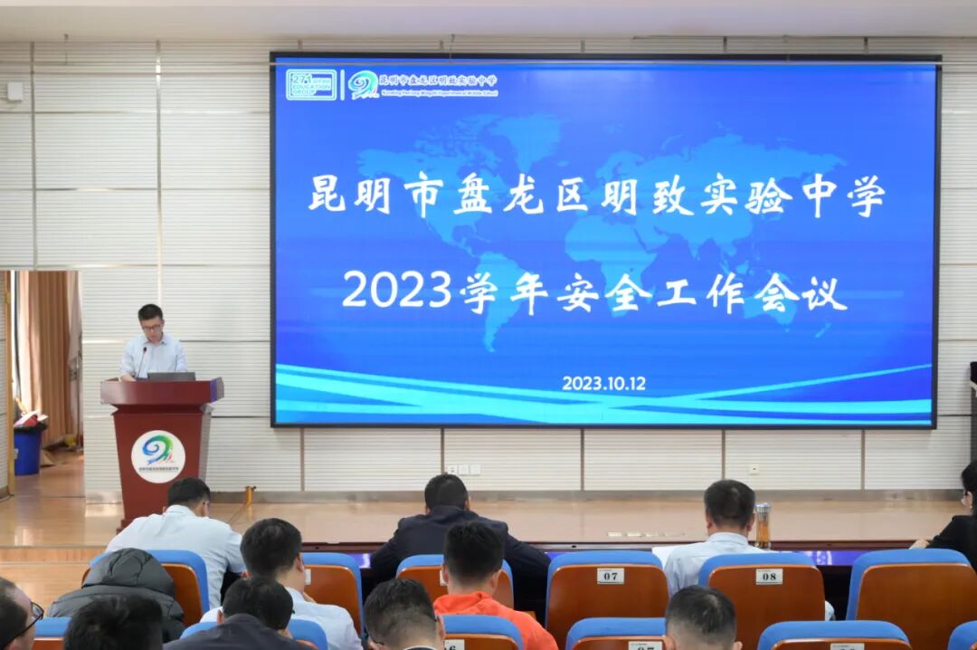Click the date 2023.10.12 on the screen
click(x=603, y=383)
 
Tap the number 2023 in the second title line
click(x=396, y=290)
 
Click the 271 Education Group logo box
click(x=311, y=84)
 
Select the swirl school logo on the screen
click(x=364, y=84)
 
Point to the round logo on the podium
click(x=157, y=455)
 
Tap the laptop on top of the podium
click(x=171, y=376)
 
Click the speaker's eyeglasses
click(x=151, y=326)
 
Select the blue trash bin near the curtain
click(x=27, y=449)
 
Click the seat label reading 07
click(x=610, y=576)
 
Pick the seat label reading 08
click(x=768, y=576)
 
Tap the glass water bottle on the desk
click(x=763, y=525)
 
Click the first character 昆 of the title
click(x=327, y=194)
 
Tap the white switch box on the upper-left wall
click(x=14, y=91)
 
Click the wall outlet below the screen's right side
click(x=753, y=470)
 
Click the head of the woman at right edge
click(x=969, y=484)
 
